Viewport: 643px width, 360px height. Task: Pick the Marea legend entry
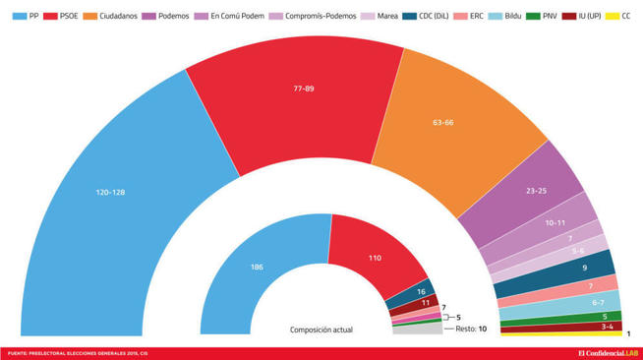(380, 16)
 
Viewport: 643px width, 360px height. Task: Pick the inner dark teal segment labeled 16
(421, 292)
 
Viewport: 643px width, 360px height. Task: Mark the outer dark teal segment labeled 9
(584, 267)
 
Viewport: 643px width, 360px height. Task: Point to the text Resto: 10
(470, 329)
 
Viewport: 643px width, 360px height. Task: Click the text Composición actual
(321, 330)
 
